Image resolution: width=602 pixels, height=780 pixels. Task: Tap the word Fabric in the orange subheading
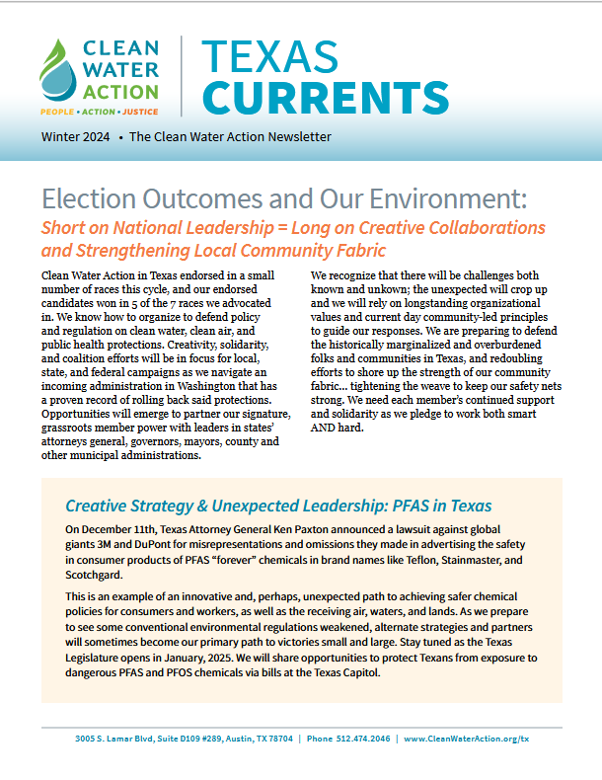pyautogui.click(x=355, y=250)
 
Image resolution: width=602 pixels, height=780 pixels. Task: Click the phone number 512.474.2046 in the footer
pyautogui.click(x=362, y=739)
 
